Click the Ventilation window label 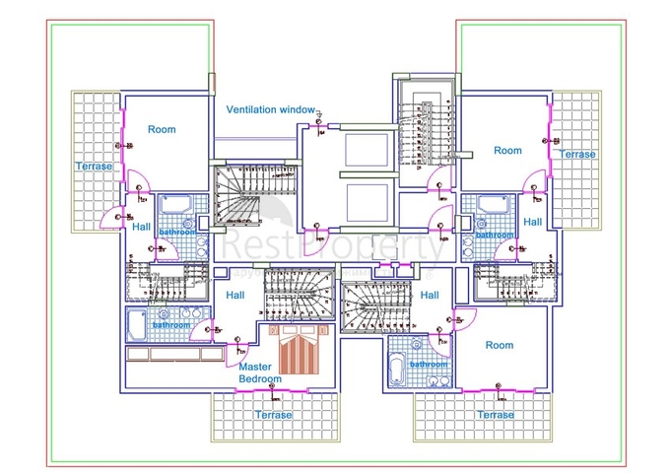coord(270,109)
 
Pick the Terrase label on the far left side coord(95,167)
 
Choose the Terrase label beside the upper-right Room coord(576,154)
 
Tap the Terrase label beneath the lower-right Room coord(495,415)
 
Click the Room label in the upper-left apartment coord(162,129)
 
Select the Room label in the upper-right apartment coord(507,150)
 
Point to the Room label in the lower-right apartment coord(500,345)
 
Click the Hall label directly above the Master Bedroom coord(234,295)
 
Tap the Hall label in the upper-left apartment coord(140,226)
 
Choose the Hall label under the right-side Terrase coord(532,222)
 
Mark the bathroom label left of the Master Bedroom coord(171,324)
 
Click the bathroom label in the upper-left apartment coord(178,233)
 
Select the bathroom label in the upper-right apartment coord(494,235)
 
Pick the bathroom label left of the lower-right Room coord(429,363)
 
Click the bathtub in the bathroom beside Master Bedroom coord(136,323)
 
